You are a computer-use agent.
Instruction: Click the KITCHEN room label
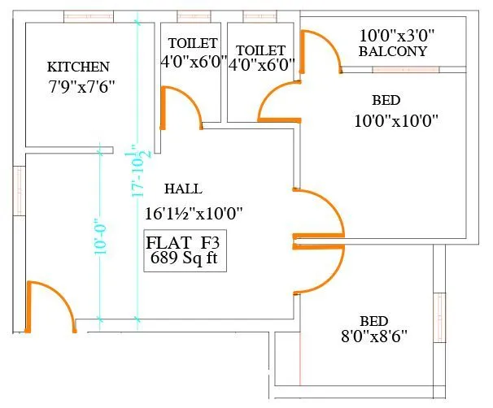pyautogui.click(x=78, y=66)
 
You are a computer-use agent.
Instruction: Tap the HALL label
pyautogui.click(x=183, y=189)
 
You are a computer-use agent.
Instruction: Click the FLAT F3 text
pyautogui.click(x=184, y=243)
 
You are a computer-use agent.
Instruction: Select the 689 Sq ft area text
pyautogui.click(x=184, y=259)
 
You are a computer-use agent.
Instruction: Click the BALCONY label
pyautogui.click(x=393, y=51)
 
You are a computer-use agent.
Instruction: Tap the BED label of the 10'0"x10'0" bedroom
pyautogui.click(x=386, y=101)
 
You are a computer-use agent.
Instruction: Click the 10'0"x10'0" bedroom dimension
pyautogui.click(x=396, y=121)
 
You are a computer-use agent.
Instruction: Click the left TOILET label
pyautogui.click(x=193, y=43)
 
